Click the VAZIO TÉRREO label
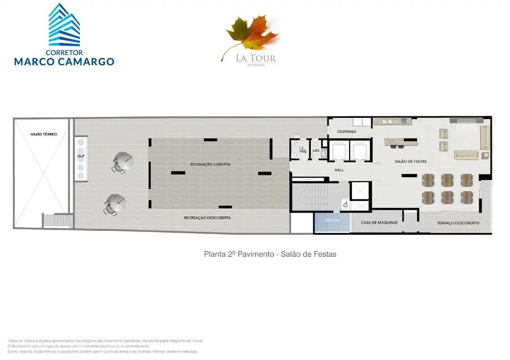pyautogui.click(x=44, y=134)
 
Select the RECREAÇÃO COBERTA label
pyautogui.click(x=210, y=164)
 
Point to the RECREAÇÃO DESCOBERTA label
pyautogui.click(x=207, y=218)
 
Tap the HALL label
pyautogui.click(x=340, y=170)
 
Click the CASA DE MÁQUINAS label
pyautogui.click(x=380, y=223)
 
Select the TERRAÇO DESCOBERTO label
pyautogui.click(x=458, y=223)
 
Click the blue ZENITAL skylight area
pyautogui.click(x=333, y=222)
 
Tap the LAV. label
pyautogui.click(x=316, y=150)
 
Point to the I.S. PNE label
pyautogui.click(x=302, y=150)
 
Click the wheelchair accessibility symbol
pyautogui.click(x=345, y=204)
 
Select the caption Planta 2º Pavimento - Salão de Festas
pyautogui.click(x=271, y=254)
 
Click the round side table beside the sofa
pyautogui.click(x=484, y=156)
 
